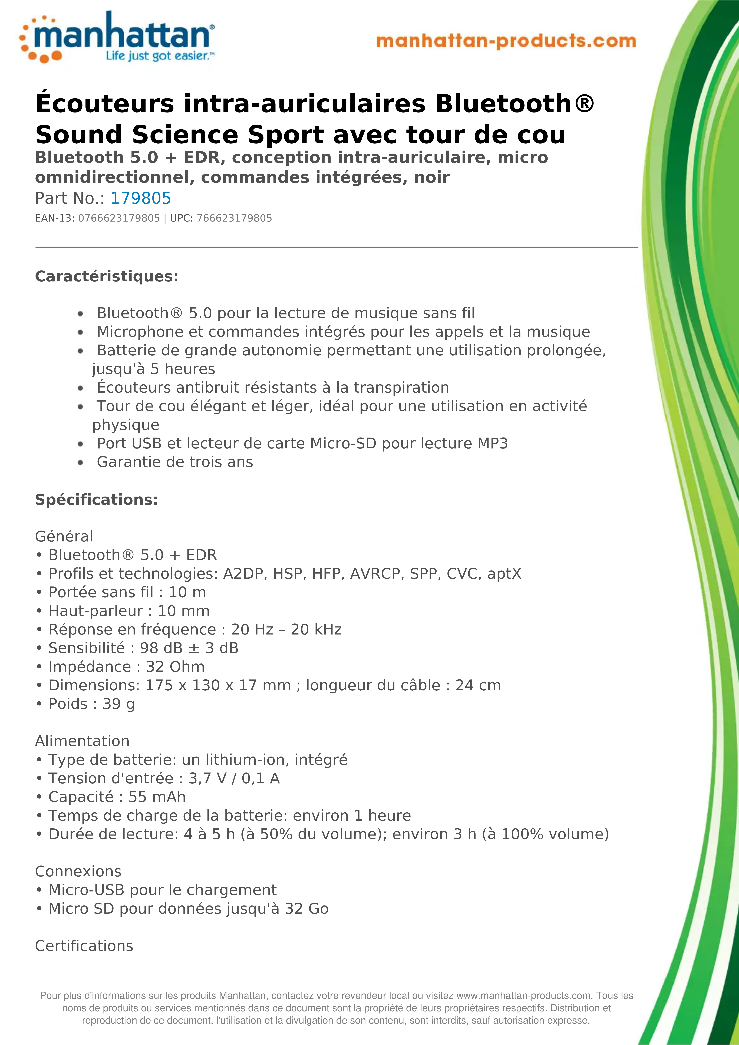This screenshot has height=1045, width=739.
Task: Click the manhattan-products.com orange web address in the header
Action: point(506,41)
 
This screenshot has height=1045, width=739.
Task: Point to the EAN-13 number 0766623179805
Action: point(119,218)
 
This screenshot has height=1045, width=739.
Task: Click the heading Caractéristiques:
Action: point(107,276)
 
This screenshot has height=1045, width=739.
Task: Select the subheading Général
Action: point(64,537)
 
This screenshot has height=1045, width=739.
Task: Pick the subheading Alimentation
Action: point(82,741)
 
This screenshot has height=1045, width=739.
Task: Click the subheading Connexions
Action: point(78,872)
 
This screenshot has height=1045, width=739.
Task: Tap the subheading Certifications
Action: point(84,946)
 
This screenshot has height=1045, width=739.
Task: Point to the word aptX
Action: point(504,574)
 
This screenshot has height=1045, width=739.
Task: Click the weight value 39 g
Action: point(118,704)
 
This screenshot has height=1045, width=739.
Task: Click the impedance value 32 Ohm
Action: point(175,667)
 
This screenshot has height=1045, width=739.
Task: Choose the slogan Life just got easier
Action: point(157,56)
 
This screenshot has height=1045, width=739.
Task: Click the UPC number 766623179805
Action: point(234,218)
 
